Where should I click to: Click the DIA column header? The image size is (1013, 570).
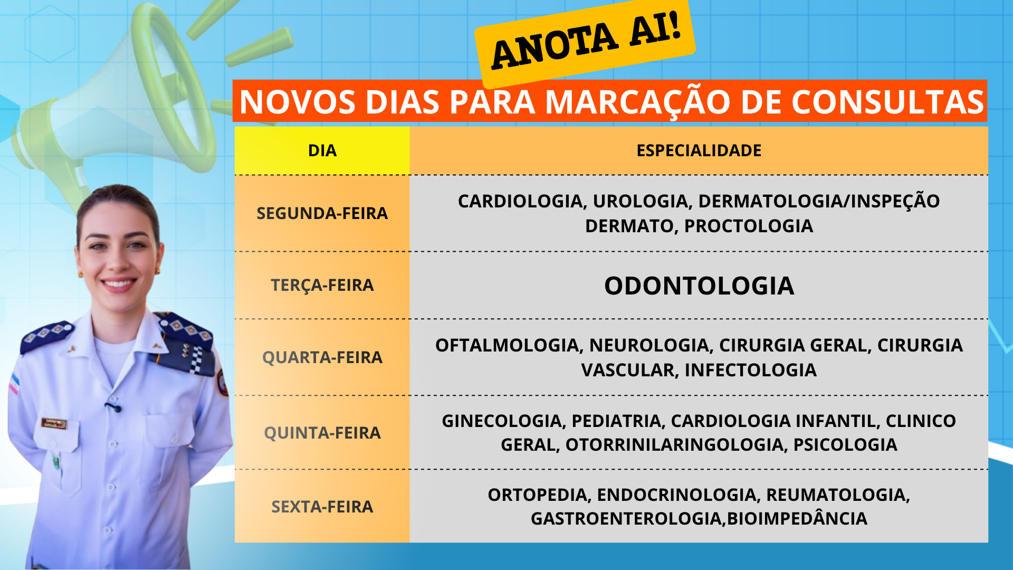point(322,150)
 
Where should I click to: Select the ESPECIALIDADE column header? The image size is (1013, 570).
point(699,150)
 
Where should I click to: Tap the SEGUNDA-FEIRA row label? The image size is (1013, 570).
point(322,213)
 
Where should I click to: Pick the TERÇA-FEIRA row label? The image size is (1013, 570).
point(322,286)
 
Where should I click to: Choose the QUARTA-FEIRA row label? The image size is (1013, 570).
point(322,357)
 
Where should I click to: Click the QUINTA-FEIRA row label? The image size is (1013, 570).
point(322,433)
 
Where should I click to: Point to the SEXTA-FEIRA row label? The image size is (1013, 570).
point(322,507)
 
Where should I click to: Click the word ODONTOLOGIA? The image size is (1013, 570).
point(699,286)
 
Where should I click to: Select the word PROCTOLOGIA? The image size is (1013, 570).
point(749,226)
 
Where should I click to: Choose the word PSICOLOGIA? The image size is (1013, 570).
point(845,445)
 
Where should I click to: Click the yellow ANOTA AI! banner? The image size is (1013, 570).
point(585,44)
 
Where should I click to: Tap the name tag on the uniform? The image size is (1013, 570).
point(54,423)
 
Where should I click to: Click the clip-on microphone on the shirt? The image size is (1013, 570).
point(113,407)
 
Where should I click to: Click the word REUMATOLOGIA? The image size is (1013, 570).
point(838,496)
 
